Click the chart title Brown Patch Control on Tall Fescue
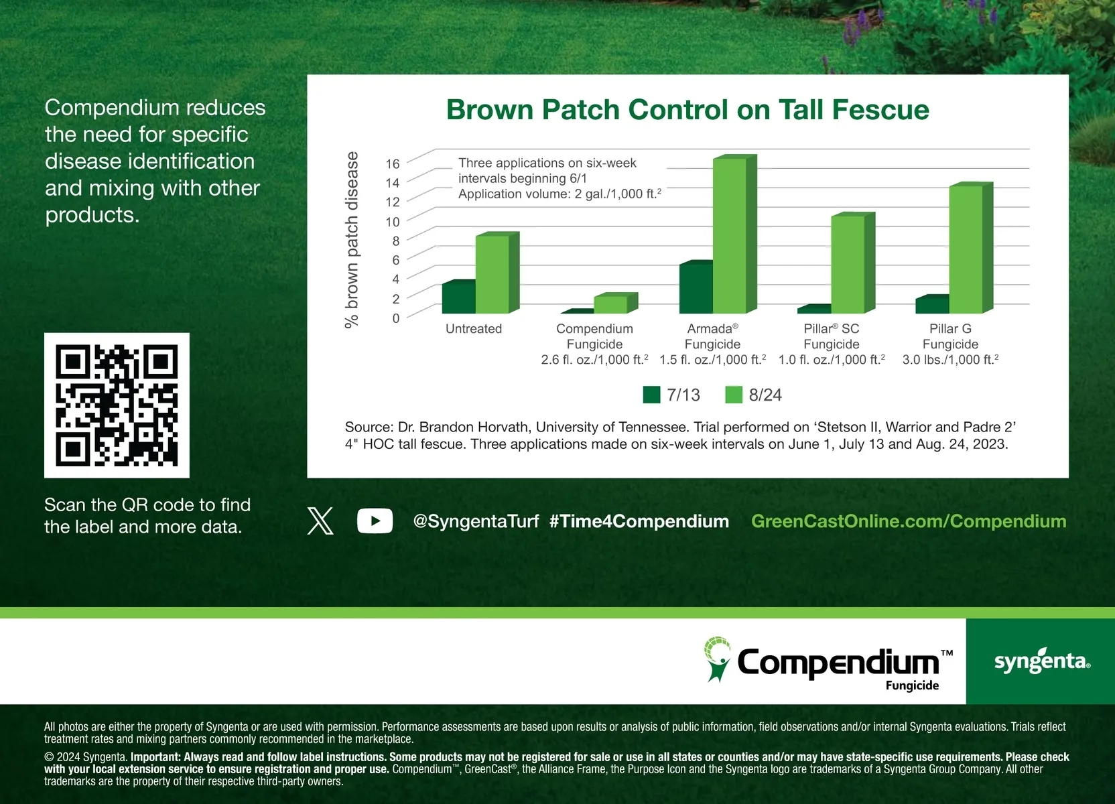coord(687,109)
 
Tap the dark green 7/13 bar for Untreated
coord(458,297)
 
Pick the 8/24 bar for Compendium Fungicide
coord(616,304)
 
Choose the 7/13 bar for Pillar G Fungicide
coord(932,304)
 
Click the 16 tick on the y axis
coord(392,163)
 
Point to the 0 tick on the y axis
coord(396,318)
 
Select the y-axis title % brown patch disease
coord(351,240)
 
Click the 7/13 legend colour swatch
coord(651,395)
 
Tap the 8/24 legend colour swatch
coord(734,395)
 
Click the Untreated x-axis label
coord(473,328)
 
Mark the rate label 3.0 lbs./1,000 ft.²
coord(950,359)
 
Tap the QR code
coord(117,405)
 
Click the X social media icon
coord(320,521)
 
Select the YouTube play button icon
coord(375,521)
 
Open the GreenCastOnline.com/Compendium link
coord(909,521)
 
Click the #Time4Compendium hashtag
coord(639,521)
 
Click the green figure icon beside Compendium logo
coord(717,659)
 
